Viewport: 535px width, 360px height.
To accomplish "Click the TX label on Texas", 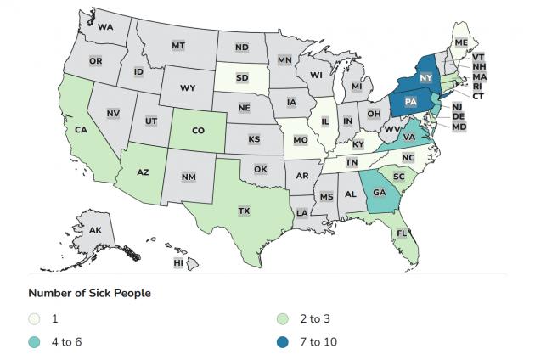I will (243, 210).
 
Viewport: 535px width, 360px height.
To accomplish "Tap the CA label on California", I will (82, 130).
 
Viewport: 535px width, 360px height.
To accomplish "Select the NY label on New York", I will (426, 77).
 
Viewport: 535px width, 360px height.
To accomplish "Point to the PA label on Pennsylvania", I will (410, 102).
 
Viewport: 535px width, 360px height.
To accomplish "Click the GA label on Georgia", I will (378, 192).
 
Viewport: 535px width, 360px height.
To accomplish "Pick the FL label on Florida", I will (401, 232).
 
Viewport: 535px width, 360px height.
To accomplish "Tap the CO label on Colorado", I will (198, 131).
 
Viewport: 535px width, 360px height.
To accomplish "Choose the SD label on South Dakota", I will (241, 78).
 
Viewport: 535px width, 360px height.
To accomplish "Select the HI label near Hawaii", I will (178, 263).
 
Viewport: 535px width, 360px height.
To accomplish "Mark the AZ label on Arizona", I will (143, 172).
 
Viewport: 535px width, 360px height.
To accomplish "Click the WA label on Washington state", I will (105, 27).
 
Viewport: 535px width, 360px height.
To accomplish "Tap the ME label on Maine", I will (461, 42).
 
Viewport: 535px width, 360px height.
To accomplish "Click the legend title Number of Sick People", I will (90, 294).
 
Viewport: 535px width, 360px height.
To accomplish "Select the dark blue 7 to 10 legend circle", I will (281, 342).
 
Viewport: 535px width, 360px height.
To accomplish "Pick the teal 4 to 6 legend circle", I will (36, 342).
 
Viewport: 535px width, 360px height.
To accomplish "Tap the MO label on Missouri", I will (300, 138).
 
